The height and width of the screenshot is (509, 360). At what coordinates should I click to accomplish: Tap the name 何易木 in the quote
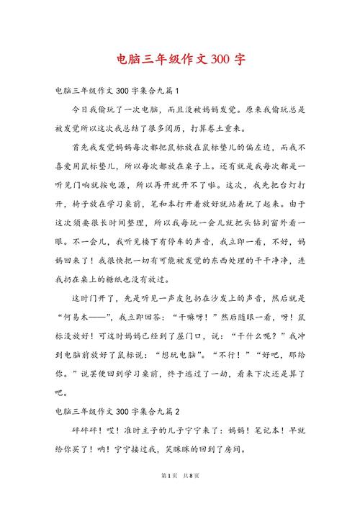(81, 336)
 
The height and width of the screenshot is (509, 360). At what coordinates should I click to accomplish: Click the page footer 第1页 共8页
(179, 497)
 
